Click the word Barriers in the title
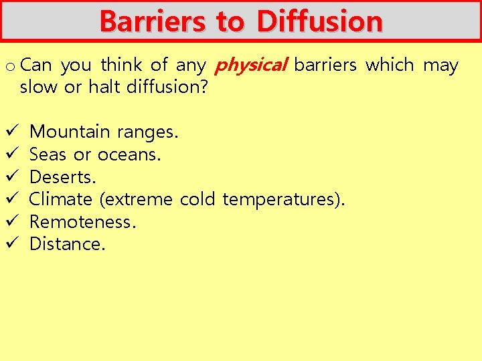153,21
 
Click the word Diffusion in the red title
319,21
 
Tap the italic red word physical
250,66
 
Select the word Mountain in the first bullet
70,132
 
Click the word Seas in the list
48,154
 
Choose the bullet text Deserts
63,177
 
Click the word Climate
61,199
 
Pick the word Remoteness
83,222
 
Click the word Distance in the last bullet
68,244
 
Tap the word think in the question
121,66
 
